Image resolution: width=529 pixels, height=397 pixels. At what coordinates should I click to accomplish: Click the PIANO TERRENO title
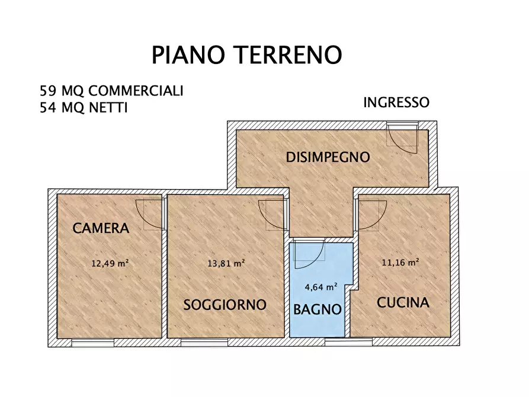(x=246, y=55)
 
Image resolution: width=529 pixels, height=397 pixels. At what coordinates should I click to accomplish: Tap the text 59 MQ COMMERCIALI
(x=111, y=91)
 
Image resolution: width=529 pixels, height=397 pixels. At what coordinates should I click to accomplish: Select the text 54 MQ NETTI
(x=83, y=108)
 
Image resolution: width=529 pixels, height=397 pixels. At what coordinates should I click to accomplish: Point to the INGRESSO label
(x=396, y=103)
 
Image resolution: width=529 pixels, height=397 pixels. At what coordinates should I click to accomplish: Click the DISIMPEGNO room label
(x=328, y=158)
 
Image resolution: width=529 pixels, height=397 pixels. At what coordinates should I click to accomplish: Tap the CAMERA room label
(x=101, y=228)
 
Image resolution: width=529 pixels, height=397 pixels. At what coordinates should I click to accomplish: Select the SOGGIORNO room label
(x=225, y=305)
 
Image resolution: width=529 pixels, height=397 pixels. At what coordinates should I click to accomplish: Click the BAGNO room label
(x=318, y=309)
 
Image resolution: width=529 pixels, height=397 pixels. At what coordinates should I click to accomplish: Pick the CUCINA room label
(x=403, y=303)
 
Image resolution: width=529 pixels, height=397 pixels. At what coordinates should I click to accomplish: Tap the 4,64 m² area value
(x=321, y=286)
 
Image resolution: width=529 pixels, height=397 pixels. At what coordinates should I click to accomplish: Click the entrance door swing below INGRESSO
(x=403, y=135)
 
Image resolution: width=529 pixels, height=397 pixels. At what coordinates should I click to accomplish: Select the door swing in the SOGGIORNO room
(x=272, y=214)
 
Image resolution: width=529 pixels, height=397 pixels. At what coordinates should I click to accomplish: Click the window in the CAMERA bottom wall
(x=92, y=342)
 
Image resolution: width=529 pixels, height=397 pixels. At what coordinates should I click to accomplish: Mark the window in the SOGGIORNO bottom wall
(x=204, y=342)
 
